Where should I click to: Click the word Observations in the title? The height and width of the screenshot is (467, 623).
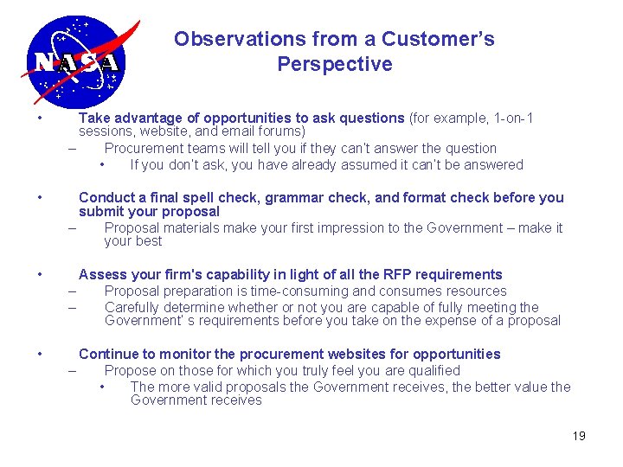(228, 39)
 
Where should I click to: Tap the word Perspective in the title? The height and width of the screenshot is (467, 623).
(334, 64)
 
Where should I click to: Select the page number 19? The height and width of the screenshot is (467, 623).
(579, 436)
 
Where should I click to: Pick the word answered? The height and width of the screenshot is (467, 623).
(493, 164)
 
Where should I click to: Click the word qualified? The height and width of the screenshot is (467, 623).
(431, 370)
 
